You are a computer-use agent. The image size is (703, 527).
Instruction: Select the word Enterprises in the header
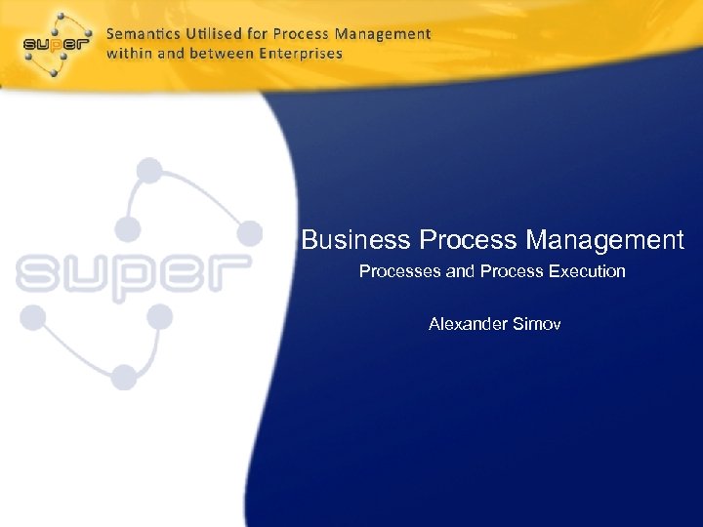[298, 53]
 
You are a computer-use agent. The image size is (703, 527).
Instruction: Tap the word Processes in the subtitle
[400, 271]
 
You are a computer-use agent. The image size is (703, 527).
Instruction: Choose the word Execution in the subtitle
[587, 271]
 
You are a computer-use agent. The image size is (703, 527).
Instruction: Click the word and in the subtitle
[459, 271]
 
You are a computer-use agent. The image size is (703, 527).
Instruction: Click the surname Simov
[538, 323]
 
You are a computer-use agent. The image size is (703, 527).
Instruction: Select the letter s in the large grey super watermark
[37, 272]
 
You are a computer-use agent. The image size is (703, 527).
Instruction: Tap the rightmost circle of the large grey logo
[251, 232]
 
